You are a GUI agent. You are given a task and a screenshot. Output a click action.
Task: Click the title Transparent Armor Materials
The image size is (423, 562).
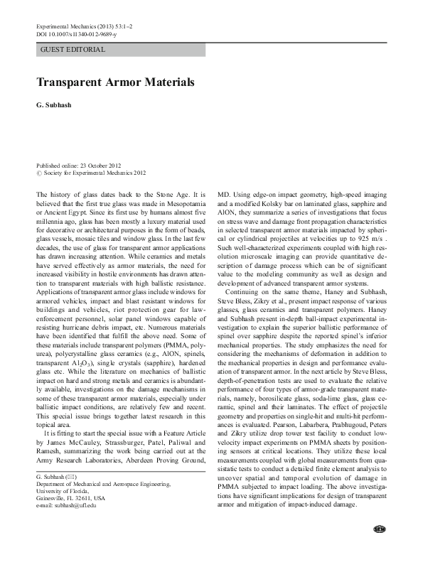coord(115,82)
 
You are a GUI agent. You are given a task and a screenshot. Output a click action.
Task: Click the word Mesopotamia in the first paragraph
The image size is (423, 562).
coord(179,201)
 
